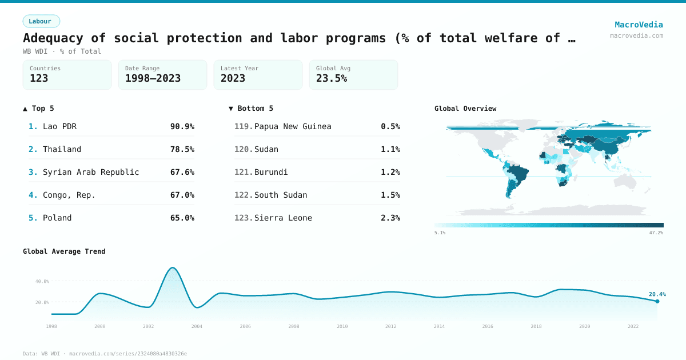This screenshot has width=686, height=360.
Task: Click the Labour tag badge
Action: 41,21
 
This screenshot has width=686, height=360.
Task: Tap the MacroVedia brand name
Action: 639,25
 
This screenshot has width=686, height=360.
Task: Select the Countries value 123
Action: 39,78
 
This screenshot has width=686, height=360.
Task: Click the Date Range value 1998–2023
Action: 153,78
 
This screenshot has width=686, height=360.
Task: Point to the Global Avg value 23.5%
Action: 332,78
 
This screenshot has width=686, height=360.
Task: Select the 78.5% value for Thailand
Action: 182,149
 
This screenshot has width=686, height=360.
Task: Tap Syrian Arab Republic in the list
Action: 91,172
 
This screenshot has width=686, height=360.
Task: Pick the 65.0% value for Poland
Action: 182,218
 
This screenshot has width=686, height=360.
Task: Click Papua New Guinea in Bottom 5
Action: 293,126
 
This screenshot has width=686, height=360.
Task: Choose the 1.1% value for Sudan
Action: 390,149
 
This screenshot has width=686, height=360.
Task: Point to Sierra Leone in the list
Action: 283,218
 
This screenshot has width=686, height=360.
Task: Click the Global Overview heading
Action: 465,109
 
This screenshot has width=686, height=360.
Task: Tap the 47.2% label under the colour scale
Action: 656,233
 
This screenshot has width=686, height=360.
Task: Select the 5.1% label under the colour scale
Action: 440,233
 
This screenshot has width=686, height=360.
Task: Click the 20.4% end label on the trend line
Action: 657,294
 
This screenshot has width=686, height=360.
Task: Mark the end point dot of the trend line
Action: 657,301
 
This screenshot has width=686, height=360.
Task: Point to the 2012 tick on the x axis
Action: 390,326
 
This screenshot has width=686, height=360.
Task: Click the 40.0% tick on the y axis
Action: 42,281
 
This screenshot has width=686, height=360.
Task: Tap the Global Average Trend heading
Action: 64,251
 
